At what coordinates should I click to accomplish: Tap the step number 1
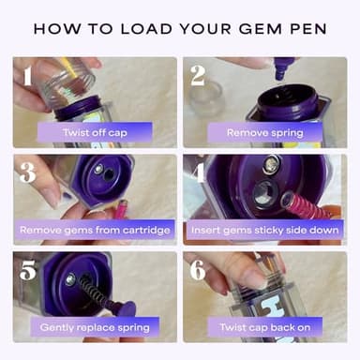28,75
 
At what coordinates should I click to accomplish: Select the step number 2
199,75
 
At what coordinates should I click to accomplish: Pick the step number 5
28,271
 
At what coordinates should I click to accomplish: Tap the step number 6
199,271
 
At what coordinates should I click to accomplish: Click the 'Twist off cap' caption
94,132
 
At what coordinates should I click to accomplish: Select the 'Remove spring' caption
266,132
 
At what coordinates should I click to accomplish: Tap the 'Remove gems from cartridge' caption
94,230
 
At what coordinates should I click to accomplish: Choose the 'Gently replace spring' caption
94,327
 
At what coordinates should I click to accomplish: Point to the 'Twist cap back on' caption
266,327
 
